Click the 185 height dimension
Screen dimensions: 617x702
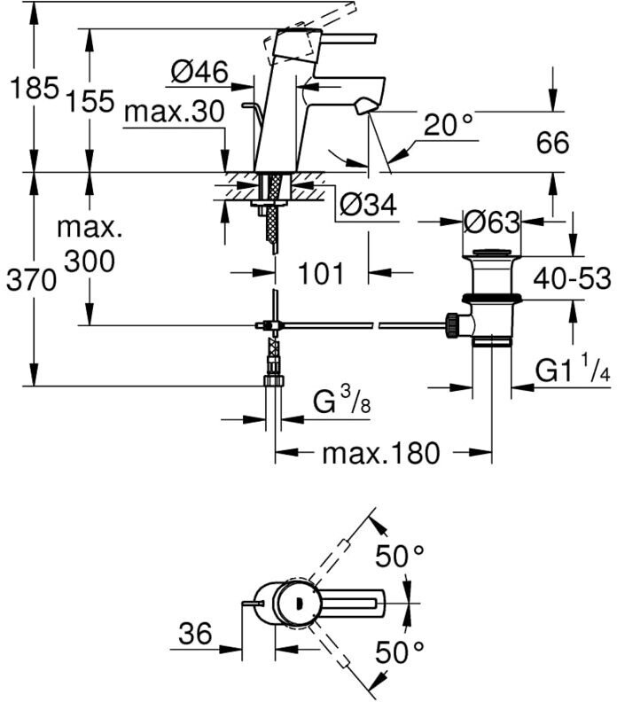click(35, 88)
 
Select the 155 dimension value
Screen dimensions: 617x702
click(90, 101)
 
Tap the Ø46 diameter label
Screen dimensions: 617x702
click(199, 72)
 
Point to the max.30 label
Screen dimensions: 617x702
click(174, 112)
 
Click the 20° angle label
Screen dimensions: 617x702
click(449, 124)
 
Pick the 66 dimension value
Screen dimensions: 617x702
click(553, 143)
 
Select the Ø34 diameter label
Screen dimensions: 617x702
click(368, 206)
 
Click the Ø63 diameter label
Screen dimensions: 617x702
click(492, 222)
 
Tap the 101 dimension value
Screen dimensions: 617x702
click(322, 273)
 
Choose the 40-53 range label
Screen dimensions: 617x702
click(572, 278)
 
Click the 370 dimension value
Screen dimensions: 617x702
click(31, 281)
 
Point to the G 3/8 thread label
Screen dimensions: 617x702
click(341, 401)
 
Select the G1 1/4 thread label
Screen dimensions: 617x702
click(573, 368)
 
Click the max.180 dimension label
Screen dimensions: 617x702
click(381, 453)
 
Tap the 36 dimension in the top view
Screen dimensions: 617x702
click(195, 634)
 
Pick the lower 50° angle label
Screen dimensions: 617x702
click(400, 651)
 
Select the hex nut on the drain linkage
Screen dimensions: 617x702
click(451, 325)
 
